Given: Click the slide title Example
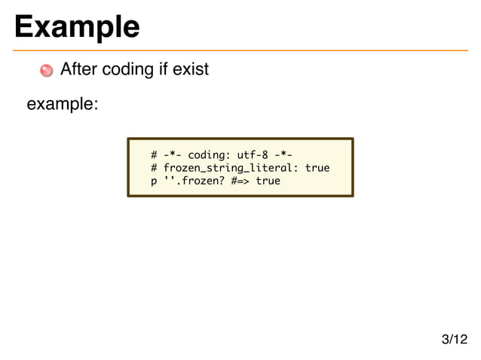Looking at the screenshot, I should (76, 26).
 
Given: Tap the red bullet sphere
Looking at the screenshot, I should (47, 71).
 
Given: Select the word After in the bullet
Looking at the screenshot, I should (78, 70).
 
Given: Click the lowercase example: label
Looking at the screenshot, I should (63, 104).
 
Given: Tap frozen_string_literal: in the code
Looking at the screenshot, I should (231, 168).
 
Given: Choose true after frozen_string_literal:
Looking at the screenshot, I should (317, 168).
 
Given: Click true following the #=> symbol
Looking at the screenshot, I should (268, 181).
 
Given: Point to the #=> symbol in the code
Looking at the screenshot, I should (241, 181).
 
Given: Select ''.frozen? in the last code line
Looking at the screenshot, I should (195, 181).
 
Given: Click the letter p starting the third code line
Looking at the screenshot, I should (154, 182).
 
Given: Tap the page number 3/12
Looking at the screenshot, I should (454, 340).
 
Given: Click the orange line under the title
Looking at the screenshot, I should (240, 50).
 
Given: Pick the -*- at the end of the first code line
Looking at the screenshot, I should (282, 155).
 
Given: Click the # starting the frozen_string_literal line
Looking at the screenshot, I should (154, 168).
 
